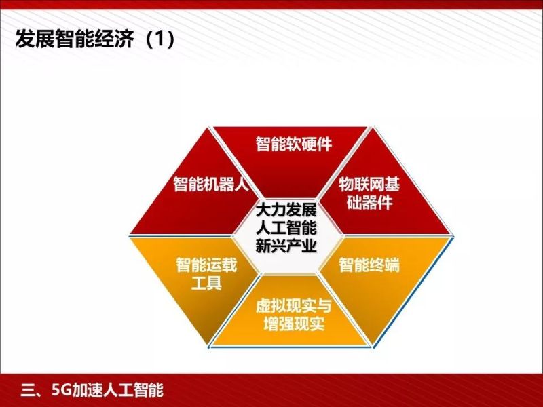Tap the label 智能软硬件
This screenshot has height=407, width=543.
click(298, 144)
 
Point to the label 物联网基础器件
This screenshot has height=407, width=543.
click(367, 193)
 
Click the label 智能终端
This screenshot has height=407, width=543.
click(369, 265)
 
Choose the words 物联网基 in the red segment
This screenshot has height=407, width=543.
click(367, 183)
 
